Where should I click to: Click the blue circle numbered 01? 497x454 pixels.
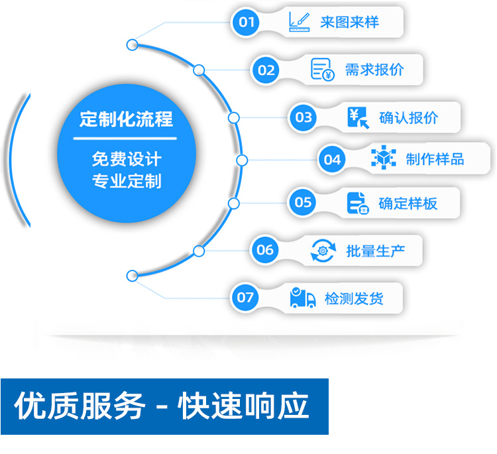coord(247,23)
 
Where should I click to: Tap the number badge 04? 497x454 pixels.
coord(332,159)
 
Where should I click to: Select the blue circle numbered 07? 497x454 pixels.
coord(245,298)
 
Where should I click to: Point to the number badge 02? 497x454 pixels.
coord(266,70)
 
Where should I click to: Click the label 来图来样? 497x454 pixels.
coord(349,23)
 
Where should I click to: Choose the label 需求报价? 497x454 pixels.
coord(374,70)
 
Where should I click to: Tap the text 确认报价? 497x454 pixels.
coord(408,118)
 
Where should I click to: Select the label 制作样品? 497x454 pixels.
coord(435,159)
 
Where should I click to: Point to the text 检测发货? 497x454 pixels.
coord(354,299)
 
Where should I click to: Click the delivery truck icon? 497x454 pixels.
coord(302,298)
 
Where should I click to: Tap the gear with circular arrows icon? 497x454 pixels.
coord(323,251)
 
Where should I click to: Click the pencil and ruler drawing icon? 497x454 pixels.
coord(300,22)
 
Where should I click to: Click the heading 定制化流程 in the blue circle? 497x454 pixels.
coord(126,119)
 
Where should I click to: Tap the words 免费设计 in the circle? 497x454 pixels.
coord(126,159)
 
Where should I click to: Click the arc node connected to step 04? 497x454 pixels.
coord(242,160)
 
